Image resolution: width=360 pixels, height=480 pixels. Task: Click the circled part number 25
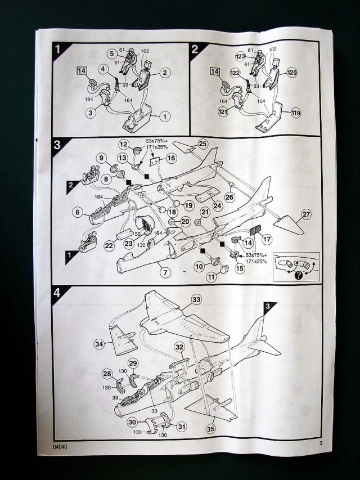click(202, 143)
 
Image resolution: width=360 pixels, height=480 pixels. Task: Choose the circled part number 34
click(99, 343)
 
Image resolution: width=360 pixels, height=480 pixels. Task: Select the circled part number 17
click(267, 239)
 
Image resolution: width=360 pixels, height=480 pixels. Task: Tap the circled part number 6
click(78, 212)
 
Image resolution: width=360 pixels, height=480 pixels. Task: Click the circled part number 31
click(181, 427)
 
